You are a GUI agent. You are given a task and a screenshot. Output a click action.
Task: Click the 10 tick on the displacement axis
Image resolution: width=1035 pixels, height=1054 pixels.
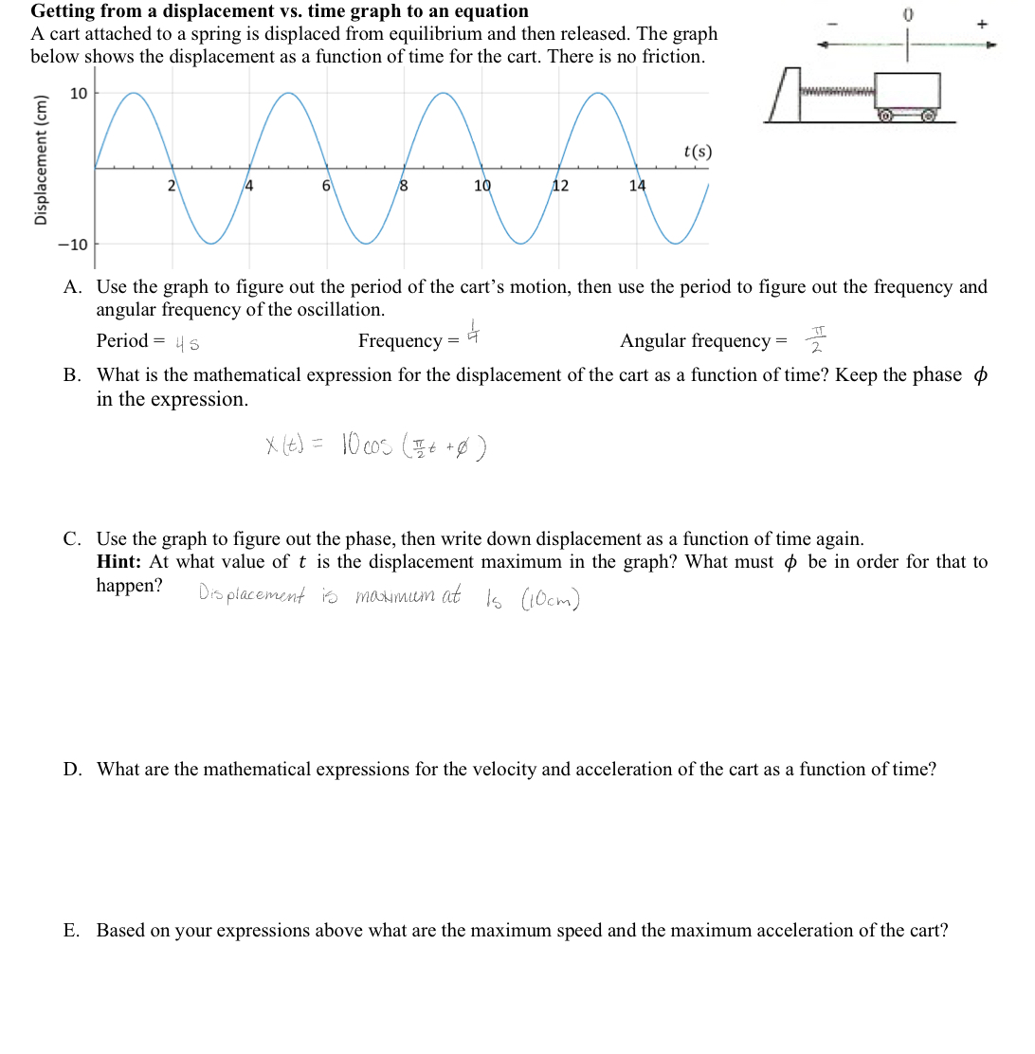pyautogui.click(x=78, y=93)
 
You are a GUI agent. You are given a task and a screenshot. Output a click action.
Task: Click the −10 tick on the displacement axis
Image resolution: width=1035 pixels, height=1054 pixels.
pyautogui.click(x=73, y=245)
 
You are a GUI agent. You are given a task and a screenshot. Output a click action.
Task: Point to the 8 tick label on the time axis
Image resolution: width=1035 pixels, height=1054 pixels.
pyautogui.click(x=403, y=186)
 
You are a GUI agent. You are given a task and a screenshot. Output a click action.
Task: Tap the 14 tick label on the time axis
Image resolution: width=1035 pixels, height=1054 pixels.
pyautogui.click(x=638, y=186)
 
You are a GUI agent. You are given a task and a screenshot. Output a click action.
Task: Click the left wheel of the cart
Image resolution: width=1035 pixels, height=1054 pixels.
pyautogui.click(x=885, y=117)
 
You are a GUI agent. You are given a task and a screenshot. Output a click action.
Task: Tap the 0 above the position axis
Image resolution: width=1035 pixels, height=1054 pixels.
pyautogui.click(x=907, y=15)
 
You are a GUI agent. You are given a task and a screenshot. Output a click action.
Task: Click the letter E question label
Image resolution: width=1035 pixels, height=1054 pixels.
pyautogui.click(x=71, y=931)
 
